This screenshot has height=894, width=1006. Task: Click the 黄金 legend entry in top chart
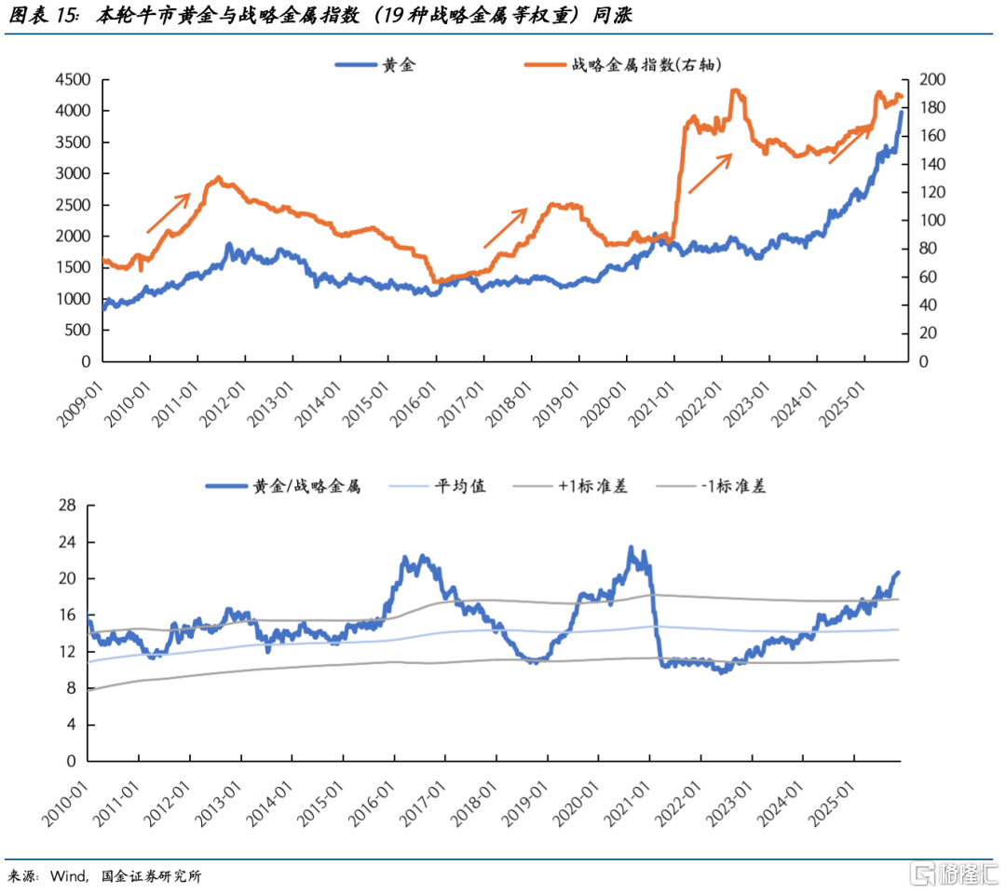click(375, 65)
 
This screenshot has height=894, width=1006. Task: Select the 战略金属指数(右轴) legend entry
click(622, 65)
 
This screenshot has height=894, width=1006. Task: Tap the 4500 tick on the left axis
click(74, 79)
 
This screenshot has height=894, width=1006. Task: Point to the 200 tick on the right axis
click(932, 79)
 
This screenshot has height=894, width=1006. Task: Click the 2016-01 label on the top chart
click(414, 404)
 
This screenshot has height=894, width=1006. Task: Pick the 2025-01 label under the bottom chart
click(832, 804)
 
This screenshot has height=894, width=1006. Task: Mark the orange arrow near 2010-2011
click(169, 213)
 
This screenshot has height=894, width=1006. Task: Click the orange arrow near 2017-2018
click(506, 227)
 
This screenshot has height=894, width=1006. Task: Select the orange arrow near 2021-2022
click(710, 173)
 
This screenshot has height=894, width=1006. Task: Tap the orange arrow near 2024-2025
click(850, 144)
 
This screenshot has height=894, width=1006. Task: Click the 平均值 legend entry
click(438, 486)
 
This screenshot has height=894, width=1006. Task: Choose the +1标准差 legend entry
click(570, 486)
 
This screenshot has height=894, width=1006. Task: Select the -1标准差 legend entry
click(712, 486)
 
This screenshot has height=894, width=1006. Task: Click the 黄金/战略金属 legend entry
click(283, 486)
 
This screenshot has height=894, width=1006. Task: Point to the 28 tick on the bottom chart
click(67, 506)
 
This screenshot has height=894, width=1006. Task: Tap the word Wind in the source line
click(69, 876)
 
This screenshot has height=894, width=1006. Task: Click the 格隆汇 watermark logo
click(956, 874)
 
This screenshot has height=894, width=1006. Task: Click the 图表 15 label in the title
click(44, 15)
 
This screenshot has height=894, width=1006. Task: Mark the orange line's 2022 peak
click(736, 90)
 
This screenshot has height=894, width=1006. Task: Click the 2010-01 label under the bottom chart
click(65, 804)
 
